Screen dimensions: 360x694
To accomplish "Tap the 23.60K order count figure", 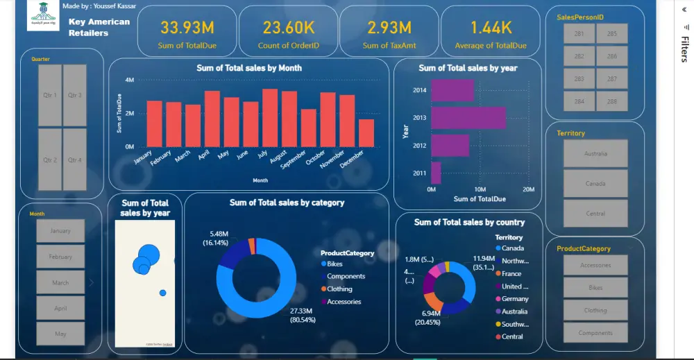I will coord(288,28).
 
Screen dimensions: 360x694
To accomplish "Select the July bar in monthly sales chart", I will coord(270,118).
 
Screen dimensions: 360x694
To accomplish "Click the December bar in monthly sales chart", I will coord(366,133).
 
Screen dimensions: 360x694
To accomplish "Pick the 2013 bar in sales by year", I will coord(468,117).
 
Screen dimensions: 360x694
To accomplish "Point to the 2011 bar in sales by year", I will coord(436,173).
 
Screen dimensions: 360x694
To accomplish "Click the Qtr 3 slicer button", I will coord(74,96).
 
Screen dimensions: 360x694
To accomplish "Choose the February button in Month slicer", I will coord(60,257).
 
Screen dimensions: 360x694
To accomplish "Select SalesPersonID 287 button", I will coord(611,79).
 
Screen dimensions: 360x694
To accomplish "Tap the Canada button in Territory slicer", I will coord(595,184).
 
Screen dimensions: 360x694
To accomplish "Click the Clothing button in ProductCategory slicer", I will coord(595,311).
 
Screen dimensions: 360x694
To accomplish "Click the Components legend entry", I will coord(345,277).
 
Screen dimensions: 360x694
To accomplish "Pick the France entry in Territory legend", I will coord(511,273).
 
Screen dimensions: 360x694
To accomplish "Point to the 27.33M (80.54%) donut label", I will coord(303,316).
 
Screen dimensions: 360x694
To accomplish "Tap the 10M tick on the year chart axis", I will coord(480,189).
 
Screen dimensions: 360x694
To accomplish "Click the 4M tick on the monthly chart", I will coord(129,80).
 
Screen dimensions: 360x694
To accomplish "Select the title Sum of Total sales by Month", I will coord(249,68).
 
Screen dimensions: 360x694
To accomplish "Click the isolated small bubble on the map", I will coord(163,293).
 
